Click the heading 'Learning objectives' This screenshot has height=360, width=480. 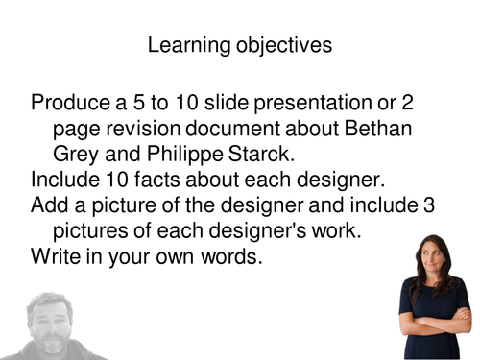[x=240, y=45]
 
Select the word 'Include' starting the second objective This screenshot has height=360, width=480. [x=64, y=179]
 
